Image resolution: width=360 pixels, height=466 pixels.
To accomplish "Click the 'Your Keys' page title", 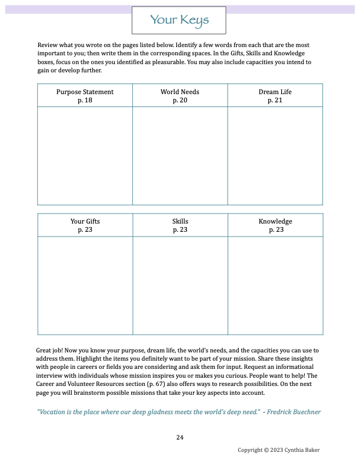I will coord(179,21).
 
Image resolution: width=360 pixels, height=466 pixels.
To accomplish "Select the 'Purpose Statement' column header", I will coord(85,92).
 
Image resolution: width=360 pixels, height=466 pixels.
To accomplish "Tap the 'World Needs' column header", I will coord(179,92).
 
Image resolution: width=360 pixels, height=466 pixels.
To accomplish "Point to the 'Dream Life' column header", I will coord(275,92).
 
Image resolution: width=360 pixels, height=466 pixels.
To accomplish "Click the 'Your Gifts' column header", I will coord(85,221).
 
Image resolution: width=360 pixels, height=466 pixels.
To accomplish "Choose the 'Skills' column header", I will coord(180,221).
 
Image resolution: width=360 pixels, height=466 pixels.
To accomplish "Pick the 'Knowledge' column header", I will coord(275,221).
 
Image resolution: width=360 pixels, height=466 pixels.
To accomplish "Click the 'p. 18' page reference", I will coord(85,100).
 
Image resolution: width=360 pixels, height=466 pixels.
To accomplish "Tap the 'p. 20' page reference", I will coord(180,100).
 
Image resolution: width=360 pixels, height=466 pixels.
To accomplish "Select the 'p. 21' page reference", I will coord(275,100).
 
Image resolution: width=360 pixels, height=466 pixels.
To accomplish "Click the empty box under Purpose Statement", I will coord(85,156).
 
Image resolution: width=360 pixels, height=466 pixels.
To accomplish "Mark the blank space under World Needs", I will coord(180,156).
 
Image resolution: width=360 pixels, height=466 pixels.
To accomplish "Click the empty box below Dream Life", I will coord(275,156).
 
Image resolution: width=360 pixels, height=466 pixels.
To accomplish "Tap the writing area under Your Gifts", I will coord(85,285).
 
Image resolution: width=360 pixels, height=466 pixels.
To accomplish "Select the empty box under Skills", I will coord(180,285).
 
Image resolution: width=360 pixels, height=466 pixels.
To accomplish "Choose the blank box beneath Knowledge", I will coord(275,285).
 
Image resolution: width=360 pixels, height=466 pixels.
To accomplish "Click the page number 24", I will coord(180,437).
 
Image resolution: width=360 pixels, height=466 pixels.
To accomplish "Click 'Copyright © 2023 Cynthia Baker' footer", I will coord(279,450).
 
